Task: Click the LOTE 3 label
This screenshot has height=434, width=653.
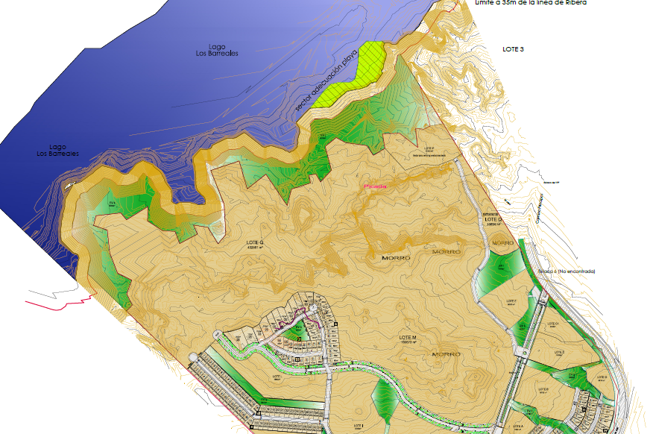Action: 513,49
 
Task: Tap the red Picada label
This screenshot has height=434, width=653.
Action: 375,186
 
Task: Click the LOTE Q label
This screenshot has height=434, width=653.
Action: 255,243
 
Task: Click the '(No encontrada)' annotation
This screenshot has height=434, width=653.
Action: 569,271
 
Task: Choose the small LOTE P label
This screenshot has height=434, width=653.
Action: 428,149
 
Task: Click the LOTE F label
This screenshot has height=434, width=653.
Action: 512,302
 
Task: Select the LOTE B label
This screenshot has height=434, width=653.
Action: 542,389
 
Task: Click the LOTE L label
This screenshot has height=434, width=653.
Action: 280,377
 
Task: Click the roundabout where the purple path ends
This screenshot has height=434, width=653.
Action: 314,308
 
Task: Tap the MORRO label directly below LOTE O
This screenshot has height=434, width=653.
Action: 502,244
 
